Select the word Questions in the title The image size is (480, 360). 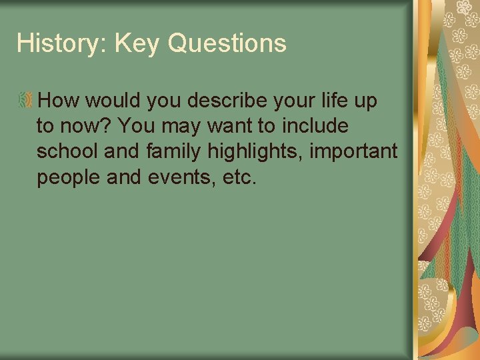pyautogui.click(x=227, y=44)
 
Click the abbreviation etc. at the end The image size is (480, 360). pyautogui.click(x=242, y=178)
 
